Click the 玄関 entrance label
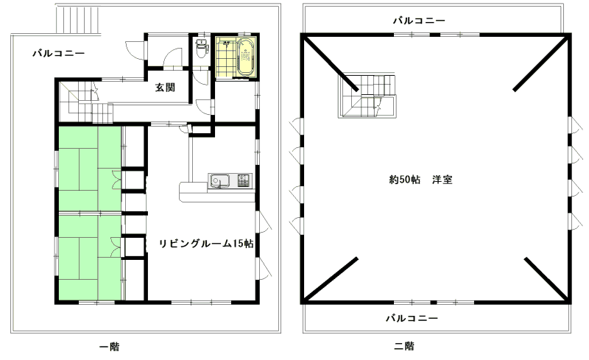tap(165, 88)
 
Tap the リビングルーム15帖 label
tap(206, 244)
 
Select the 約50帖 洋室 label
tap(420, 180)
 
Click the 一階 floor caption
tap(109, 347)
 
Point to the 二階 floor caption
tap(404, 346)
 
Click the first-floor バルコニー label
tap(59, 53)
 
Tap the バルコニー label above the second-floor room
tap(419, 21)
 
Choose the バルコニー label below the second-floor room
tap(412, 318)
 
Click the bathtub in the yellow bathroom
tap(246, 57)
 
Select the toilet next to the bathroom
tap(202, 48)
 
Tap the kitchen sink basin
tap(219, 181)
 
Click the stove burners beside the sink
tap(244, 180)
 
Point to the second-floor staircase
tap(367, 96)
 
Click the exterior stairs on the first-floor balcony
tap(79, 19)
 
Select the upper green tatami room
tap(90, 169)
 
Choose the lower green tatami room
tap(90, 257)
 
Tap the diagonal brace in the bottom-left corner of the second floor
tap(331, 279)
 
